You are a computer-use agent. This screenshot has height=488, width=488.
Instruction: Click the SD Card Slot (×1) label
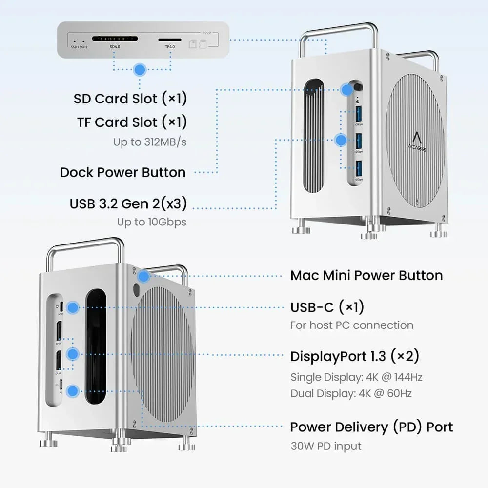tap(130, 99)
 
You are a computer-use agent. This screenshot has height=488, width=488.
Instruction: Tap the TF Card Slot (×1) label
tap(132, 122)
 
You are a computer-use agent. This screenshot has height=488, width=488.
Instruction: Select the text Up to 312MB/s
tap(150, 142)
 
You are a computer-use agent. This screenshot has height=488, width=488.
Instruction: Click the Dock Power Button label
tap(123, 172)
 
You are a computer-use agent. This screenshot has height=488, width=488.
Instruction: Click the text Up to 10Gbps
tap(151, 222)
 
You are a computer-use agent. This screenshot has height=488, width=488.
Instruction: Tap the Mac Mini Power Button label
tap(366, 275)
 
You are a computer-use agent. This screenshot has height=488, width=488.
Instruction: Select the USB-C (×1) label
tap(327, 307)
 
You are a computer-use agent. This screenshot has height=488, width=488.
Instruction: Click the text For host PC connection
tap(351, 325)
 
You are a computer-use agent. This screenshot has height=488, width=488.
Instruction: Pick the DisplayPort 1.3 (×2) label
tap(355, 356)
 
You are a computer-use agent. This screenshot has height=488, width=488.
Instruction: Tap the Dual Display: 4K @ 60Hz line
tap(351, 393)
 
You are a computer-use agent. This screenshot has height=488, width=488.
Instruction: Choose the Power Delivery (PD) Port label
tap(371, 427)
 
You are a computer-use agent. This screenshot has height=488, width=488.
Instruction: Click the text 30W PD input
tap(326, 446)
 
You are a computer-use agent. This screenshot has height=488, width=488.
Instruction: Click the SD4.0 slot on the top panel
tap(115, 39)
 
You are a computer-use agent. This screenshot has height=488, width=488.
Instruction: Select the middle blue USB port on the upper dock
tap(359, 141)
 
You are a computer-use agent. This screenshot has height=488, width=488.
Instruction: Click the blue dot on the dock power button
tap(347, 89)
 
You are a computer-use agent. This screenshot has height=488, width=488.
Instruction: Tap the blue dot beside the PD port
tap(73, 390)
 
